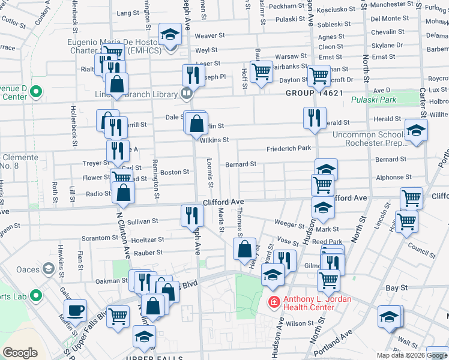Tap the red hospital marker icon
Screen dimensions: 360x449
point(274,301)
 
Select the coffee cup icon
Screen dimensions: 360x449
point(75,311)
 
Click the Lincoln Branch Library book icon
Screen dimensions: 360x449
point(187,93)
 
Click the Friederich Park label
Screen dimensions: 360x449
point(289,148)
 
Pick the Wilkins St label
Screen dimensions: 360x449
point(214,140)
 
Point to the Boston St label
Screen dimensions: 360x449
point(175,172)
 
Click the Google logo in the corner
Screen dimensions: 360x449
point(20,353)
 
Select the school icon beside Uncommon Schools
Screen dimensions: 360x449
point(415,131)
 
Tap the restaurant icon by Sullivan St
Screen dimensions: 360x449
point(190,215)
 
